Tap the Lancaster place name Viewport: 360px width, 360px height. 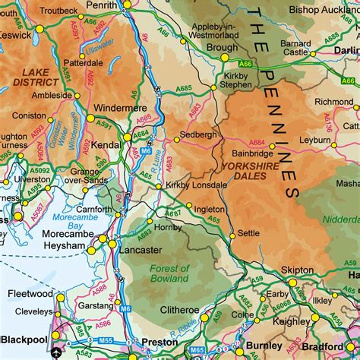141,249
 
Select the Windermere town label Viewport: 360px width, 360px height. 120,109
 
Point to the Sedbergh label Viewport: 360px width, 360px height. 200,134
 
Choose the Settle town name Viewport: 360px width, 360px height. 248,233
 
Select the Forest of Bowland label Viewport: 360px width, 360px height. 169,274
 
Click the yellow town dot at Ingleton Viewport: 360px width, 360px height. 188,206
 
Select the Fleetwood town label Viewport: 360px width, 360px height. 30,293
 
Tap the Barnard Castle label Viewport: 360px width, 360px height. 296,48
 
